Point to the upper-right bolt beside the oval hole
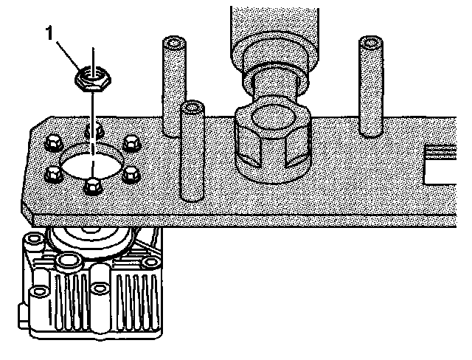(131, 143)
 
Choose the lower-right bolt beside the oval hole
(131, 174)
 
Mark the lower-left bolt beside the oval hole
(52, 174)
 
